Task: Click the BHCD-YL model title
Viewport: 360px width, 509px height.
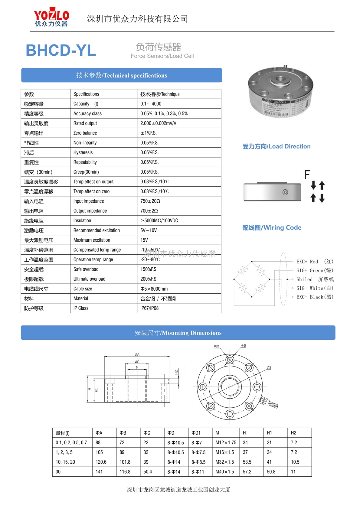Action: (61, 50)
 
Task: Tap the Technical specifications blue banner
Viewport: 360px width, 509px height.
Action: (122, 75)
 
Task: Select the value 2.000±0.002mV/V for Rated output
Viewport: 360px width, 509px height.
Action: (158, 123)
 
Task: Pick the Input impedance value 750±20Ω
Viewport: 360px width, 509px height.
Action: (150, 201)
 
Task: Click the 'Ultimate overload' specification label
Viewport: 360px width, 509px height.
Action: (89, 279)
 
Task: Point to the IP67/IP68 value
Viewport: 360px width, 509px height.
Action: (149, 308)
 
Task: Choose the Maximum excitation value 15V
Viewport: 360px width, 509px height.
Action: (144, 240)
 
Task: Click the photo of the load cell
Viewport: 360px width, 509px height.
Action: (280, 92)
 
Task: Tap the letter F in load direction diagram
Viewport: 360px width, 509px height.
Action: (307, 175)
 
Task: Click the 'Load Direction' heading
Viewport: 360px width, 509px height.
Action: (277, 146)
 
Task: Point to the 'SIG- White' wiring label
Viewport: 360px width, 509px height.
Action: (315, 288)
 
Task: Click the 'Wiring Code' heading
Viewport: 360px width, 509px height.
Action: (272, 227)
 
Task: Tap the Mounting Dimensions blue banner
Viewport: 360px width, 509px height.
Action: (178, 333)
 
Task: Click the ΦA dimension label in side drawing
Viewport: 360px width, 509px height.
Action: (137, 354)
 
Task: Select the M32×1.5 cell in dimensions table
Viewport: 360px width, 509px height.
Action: (225, 462)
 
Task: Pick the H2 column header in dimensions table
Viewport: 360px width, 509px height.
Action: (293, 433)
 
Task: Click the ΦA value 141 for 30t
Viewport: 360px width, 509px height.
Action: (99, 472)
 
